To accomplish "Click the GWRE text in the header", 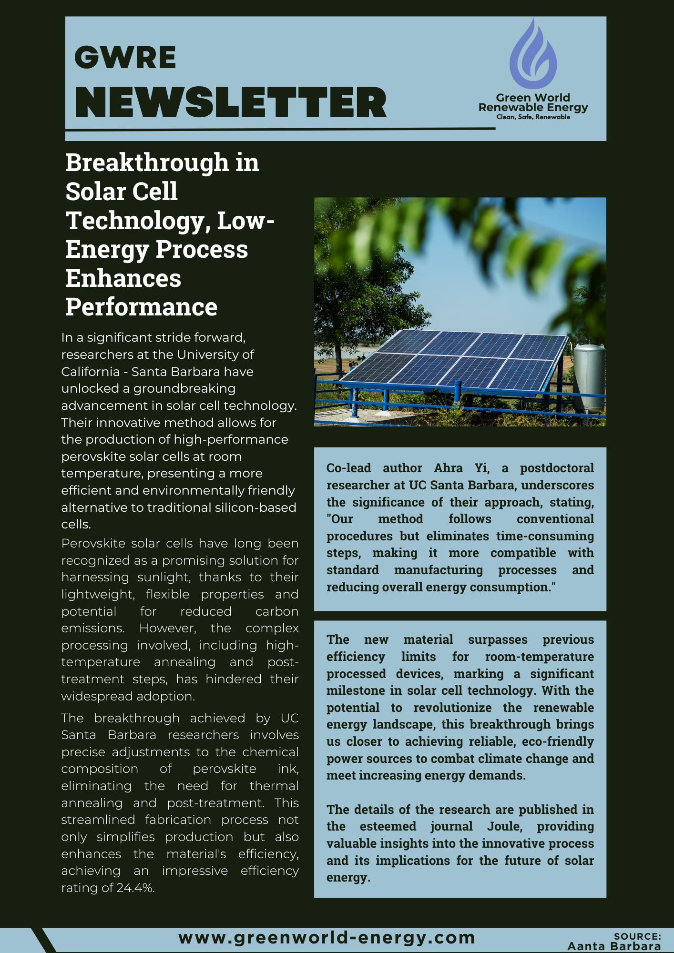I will (x=125, y=58).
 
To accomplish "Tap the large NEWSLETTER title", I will (x=231, y=102).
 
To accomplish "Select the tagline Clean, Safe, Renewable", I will (x=533, y=117).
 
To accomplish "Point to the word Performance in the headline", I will (x=141, y=306).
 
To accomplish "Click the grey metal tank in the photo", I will (x=589, y=376).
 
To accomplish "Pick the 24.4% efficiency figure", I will (x=135, y=888).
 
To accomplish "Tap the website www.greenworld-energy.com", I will (x=327, y=937).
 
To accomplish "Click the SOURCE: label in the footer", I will (x=637, y=936).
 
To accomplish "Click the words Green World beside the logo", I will (x=533, y=98).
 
